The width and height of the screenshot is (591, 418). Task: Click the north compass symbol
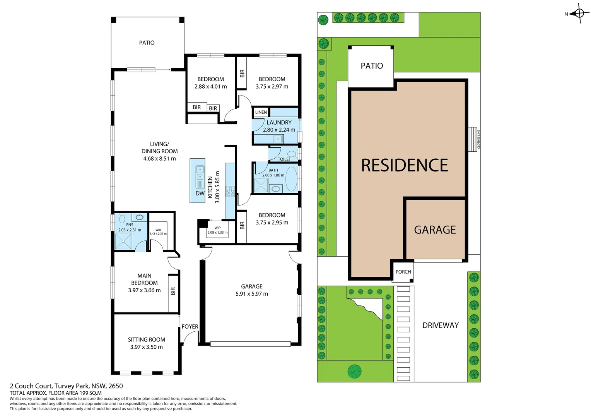pyautogui.click(x=579, y=14)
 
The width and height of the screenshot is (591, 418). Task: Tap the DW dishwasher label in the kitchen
pyautogui.click(x=200, y=194)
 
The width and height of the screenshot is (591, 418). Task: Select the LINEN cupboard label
pyautogui.click(x=261, y=112)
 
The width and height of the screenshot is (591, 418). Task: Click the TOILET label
pyautogui.click(x=284, y=159)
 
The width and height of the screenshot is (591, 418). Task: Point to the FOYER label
pyautogui.click(x=190, y=327)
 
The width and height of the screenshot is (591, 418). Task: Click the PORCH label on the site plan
pyautogui.click(x=403, y=272)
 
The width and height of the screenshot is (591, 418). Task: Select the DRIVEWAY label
pyautogui.click(x=441, y=325)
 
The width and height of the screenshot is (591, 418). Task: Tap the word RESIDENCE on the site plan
pyautogui.click(x=405, y=166)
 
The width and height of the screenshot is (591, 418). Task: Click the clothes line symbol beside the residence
pyautogui.click(x=473, y=139)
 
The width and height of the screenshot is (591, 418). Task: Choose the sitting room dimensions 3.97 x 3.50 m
pyautogui.click(x=147, y=347)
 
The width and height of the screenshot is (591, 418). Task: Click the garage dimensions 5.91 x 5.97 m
pyautogui.click(x=252, y=294)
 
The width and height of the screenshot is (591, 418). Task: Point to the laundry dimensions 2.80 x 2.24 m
pyautogui.click(x=279, y=130)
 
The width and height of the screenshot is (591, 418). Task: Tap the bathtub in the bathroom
pyautogui.click(x=291, y=179)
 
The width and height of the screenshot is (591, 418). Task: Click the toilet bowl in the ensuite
pyautogui.click(x=122, y=219)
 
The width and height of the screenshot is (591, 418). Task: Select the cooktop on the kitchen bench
pyautogui.click(x=231, y=192)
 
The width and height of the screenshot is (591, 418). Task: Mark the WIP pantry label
pyautogui.click(x=217, y=228)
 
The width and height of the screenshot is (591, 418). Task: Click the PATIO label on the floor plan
pyautogui.click(x=147, y=43)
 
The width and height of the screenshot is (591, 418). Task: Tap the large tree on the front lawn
pyautogui.click(x=354, y=371)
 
